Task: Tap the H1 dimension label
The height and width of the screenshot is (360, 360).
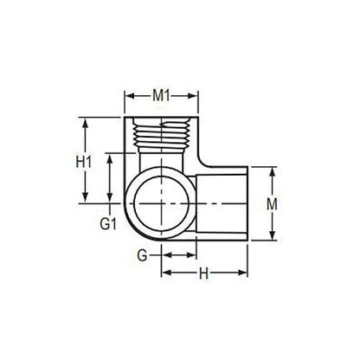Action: [x=84, y=162]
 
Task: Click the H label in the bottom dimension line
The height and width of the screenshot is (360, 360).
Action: [x=204, y=274]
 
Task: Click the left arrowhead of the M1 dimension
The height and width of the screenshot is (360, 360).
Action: [x=129, y=94]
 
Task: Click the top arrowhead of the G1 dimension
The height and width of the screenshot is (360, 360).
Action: [x=110, y=156]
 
